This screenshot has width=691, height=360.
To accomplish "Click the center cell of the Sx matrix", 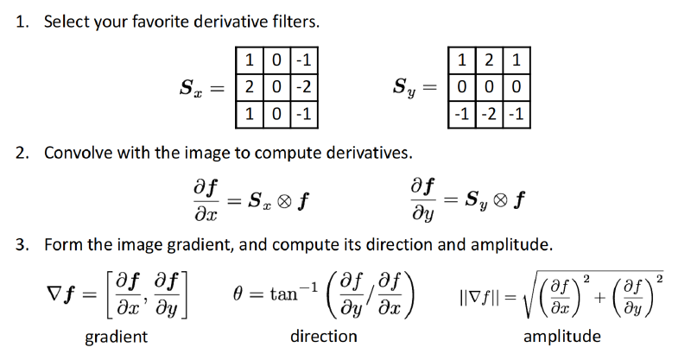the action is coord(276,87).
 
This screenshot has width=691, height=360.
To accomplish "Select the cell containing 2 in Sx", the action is coord(250,87).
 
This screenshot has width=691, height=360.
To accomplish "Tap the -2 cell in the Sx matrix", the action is coord(304,87).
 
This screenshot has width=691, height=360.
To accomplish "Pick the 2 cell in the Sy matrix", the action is coord(489,60).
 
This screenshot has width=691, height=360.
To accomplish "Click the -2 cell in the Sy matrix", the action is coord(489,115).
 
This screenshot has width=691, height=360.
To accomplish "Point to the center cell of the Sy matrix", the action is coord(489,87).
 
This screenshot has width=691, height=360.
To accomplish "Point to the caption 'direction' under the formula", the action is coord(323,336).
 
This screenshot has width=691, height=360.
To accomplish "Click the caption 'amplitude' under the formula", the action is coord(562,336).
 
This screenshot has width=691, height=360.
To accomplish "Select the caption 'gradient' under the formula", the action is coord(117,337).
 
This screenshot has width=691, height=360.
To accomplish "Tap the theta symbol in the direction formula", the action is coord(238,293).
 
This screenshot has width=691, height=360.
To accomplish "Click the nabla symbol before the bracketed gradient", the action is coord(53,293).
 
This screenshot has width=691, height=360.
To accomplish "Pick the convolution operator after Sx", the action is coord(285,201).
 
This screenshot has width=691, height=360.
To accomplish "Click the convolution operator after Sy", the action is coord(500,200).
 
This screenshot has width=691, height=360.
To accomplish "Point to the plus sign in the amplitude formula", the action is coord(599,298).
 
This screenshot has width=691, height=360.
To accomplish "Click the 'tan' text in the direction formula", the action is coord(284,294).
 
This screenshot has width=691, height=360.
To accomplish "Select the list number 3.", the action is coord(22,244).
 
